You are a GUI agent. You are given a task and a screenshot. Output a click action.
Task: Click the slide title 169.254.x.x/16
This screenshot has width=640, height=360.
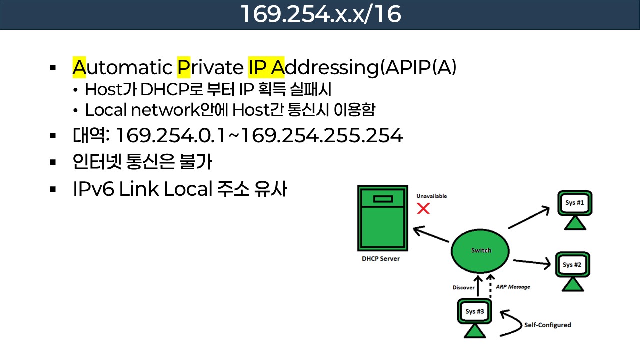[x=320, y=14]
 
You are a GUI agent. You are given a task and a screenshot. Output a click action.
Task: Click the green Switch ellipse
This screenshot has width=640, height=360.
[x=481, y=250]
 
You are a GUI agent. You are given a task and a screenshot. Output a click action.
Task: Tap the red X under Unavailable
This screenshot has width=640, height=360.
[x=423, y=208]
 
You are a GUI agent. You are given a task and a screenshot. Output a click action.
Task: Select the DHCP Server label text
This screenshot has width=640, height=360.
[x=381, y=259]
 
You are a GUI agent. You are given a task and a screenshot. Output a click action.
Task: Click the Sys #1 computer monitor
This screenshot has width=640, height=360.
[x=575, y=203]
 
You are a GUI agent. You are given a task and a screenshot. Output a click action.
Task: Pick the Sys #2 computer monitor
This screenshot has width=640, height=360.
[x=572, y=264]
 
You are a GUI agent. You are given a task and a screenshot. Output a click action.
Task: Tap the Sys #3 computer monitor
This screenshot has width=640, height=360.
[x=474, y=312]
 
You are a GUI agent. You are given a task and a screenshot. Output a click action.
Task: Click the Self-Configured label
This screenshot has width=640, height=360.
[x=547, y=325]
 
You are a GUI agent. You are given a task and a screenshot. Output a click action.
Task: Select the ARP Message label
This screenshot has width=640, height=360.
[x=513, y=287]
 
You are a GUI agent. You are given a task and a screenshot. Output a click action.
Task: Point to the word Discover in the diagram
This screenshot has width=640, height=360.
[x=463, y=287]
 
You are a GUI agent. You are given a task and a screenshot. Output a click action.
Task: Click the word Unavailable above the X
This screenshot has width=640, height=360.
[x=431, y=196]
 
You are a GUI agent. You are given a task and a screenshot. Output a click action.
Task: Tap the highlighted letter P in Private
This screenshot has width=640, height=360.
[x=184, y=67]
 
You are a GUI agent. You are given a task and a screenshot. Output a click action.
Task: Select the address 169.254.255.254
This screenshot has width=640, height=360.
[x=321, y=135]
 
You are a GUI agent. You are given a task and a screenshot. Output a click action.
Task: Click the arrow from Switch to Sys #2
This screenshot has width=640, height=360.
[x=532, y=261]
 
